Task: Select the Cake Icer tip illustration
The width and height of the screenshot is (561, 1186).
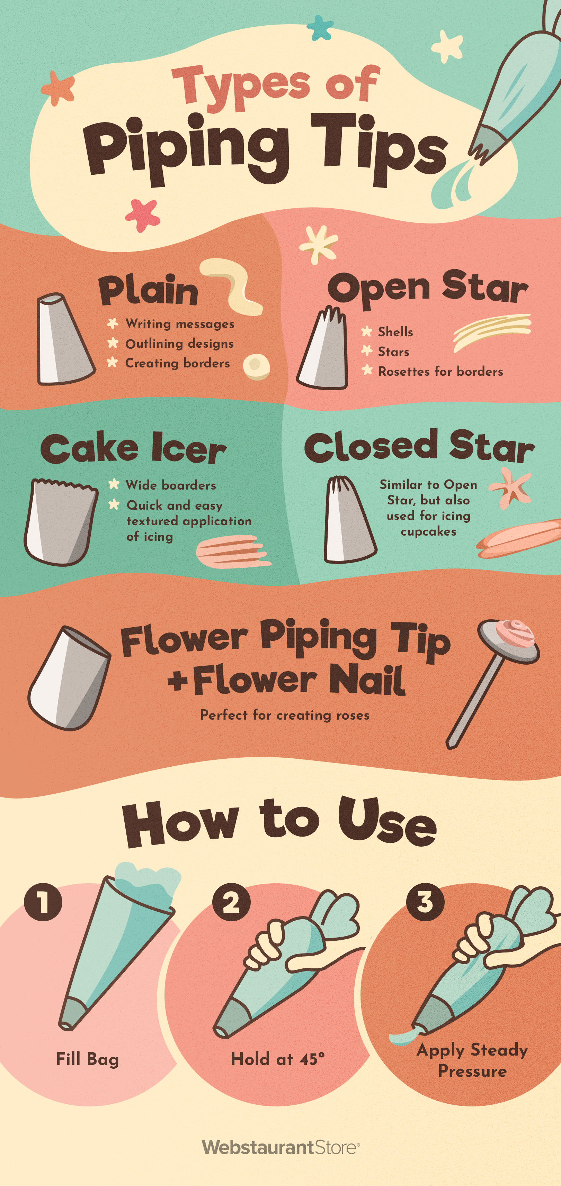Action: (60, 522)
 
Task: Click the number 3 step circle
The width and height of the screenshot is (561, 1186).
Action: (425, 901)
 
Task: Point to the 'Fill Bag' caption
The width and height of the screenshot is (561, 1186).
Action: (87, 1059)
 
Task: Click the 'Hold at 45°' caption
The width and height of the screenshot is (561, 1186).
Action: (277, 1059)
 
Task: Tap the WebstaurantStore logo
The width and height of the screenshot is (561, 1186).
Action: (280, 1147)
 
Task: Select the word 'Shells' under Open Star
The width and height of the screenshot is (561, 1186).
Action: (395, 332)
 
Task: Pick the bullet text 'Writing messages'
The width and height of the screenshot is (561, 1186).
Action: (180, 324)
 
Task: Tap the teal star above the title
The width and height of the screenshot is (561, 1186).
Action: (319, 27)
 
